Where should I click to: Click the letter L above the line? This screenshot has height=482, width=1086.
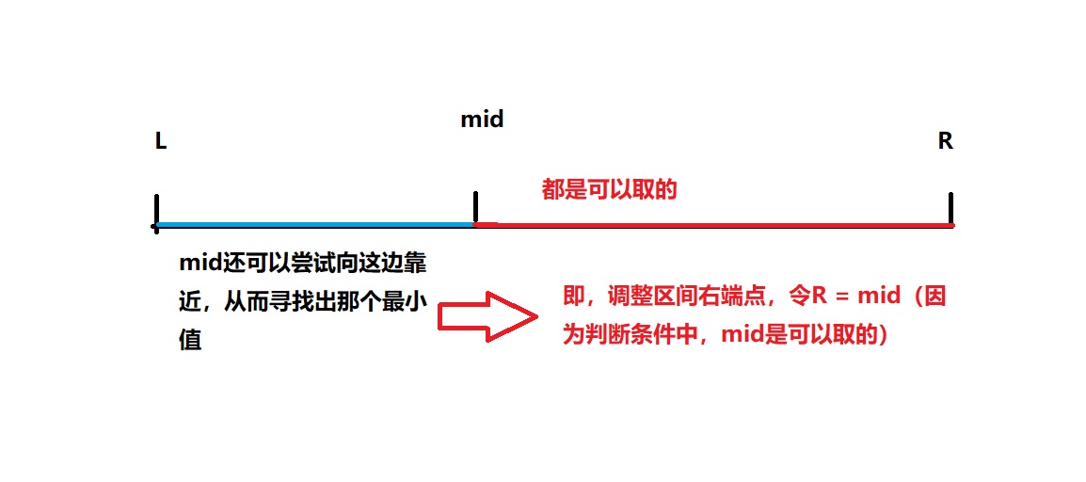coord(161,142)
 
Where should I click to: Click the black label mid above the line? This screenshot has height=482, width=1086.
coord(482,120)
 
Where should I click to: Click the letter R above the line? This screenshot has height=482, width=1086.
coord(945,141)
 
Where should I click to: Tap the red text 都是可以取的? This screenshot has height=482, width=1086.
coord(609,190)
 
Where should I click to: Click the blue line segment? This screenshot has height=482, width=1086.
coord(315,225)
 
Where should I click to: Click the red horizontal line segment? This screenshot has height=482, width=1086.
coord(715,225)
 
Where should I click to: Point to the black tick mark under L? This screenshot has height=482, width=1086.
coord(156,209)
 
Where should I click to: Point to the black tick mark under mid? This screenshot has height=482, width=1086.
coord(476,207)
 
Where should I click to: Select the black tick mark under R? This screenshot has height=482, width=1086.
coord(951,208)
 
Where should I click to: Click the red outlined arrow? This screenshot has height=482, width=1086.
coord(487,316)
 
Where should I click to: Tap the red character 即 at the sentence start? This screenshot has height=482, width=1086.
coord(573,297)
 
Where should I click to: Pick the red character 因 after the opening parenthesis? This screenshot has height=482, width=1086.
coord(933,297)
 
